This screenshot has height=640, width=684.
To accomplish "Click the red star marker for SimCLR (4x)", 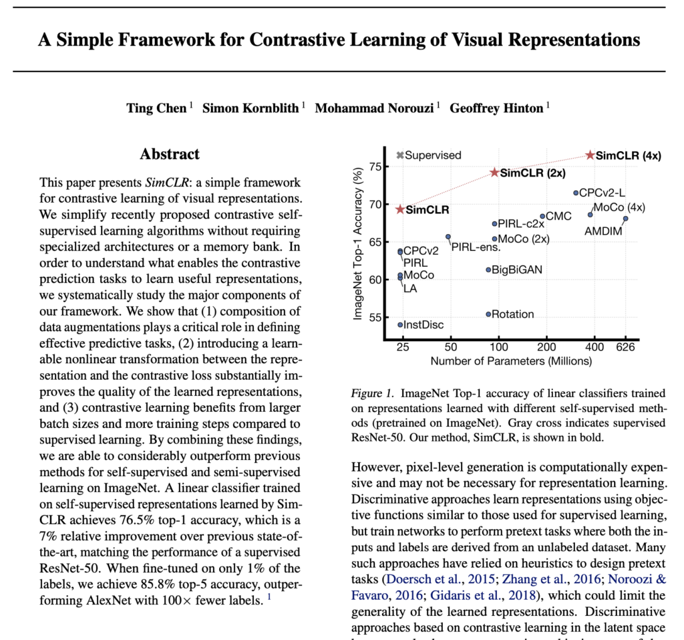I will point(590,154).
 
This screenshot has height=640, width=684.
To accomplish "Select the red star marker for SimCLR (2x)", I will point(495,172).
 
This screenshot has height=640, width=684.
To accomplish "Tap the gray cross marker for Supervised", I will point(399,155).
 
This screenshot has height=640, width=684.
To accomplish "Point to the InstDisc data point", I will point(400,324).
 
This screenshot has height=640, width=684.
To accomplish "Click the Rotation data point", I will point(488,314).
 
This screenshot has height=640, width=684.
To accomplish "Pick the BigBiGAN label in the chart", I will point(517,270).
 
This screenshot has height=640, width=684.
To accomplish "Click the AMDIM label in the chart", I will point(603,231).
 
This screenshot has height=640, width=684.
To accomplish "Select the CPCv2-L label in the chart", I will point(603,193).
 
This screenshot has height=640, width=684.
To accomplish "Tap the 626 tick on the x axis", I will point(625,348).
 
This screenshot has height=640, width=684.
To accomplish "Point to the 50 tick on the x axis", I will point(450,348).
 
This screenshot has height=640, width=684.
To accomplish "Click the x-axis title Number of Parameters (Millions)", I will point(511,362).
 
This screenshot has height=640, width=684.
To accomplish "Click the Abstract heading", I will point(170,154).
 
